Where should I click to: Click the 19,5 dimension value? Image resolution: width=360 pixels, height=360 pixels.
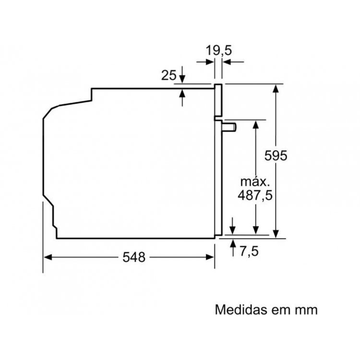218,50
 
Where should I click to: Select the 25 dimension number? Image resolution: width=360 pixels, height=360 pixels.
169,75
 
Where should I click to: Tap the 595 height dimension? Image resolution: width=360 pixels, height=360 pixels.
276,156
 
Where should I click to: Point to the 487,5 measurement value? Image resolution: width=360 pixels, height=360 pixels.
255,196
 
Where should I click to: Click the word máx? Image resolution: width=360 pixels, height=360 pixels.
255,182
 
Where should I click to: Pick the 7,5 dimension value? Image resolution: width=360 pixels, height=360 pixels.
249,251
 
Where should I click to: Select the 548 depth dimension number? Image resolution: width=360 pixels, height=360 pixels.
134,257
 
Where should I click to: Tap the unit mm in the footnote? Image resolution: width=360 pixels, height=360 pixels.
306,311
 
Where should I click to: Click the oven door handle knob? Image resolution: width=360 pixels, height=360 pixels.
229,127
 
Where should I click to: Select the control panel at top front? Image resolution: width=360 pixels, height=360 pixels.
218,100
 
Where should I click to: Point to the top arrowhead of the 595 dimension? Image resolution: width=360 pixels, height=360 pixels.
276,88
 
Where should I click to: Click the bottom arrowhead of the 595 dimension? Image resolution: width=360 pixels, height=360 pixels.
276,234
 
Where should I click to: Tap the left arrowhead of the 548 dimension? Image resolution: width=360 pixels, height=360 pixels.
48,257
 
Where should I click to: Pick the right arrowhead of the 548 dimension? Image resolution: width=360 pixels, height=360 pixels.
210,257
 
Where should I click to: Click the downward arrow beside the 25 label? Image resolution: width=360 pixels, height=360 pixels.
182,74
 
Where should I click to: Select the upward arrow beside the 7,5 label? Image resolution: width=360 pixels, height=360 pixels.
233,248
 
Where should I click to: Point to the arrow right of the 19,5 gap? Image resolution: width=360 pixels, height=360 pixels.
233,62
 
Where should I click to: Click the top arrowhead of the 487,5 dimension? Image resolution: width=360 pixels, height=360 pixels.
255,124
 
